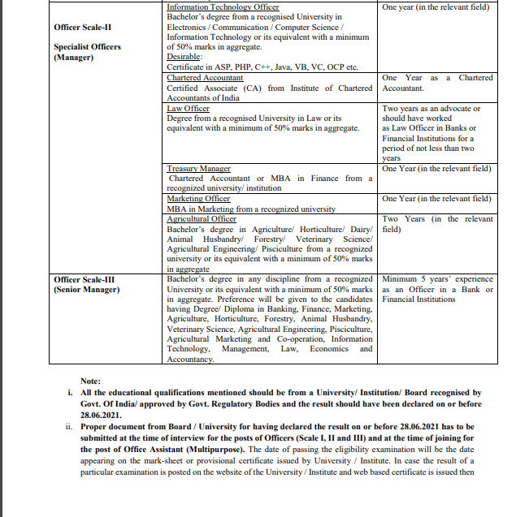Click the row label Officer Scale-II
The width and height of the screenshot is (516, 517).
[x=82, y=27]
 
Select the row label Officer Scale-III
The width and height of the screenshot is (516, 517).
[x=85, y=278]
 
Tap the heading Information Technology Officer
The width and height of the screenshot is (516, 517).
[x=223, y=6]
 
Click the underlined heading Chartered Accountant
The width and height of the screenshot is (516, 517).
[x=205, y=78]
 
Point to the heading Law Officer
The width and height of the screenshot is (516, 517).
[x=188, y=108]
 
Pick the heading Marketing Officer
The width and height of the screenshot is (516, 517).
[x=198, y=198]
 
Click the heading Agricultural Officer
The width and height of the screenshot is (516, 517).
[x=202, y=218]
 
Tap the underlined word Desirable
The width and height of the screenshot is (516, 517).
[x=184, y=57]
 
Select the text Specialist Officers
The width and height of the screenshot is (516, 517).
[x=87, y=47]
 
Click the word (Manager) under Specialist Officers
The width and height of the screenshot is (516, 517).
[x=74, y=58]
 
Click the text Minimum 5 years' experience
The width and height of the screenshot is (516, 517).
[x=437, y=278]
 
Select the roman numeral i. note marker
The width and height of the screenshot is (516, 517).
[x=71, y=392]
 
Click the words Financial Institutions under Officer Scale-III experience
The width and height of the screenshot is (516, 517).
[x=418, y=299]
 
